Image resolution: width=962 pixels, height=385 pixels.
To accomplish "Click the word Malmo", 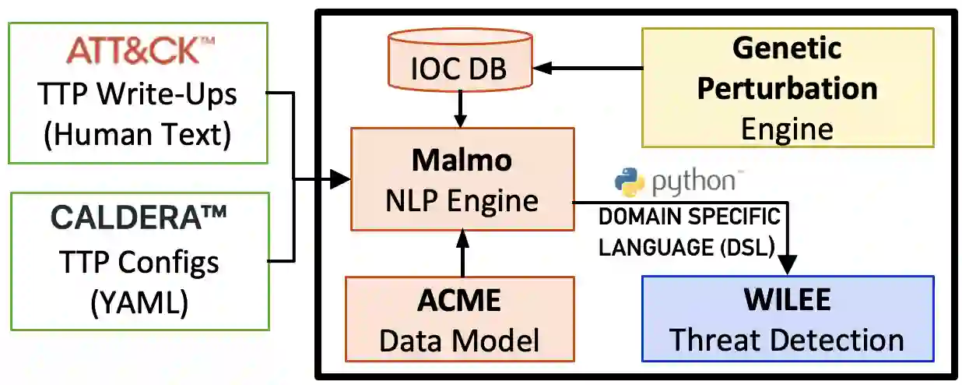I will click(x=462, y=160).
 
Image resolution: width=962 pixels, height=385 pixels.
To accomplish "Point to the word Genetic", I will click(x=787, y=48).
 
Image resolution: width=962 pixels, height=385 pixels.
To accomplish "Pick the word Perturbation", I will click(x=787, y=88).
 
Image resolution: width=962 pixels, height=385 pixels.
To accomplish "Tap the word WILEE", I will click(x=787, y=300).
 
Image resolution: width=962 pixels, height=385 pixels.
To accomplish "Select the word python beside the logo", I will click(x=693, y=182).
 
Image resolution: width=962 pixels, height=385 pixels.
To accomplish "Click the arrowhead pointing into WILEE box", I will click(x=787, y=266).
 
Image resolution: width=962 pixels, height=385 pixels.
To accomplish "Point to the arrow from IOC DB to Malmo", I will click(x=460, y=109).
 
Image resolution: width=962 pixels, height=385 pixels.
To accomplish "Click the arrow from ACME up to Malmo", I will click(x=464, y=253).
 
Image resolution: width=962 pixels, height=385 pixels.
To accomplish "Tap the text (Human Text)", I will click(x=138, y=135).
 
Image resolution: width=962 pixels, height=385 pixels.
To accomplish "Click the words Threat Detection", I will click(x=787, y=340).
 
